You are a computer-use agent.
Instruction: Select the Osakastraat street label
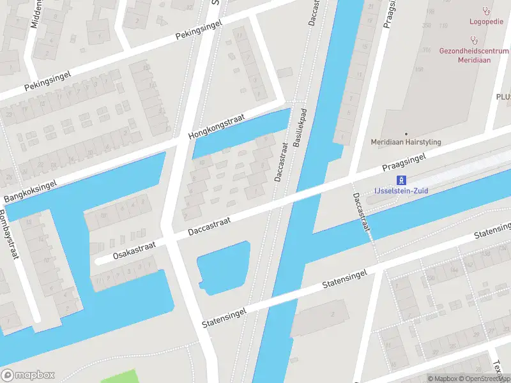134,250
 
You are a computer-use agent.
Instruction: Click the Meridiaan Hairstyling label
406,142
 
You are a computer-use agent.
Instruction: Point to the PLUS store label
503,96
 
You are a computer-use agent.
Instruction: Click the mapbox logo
28,375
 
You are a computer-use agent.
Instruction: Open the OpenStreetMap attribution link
484,379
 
